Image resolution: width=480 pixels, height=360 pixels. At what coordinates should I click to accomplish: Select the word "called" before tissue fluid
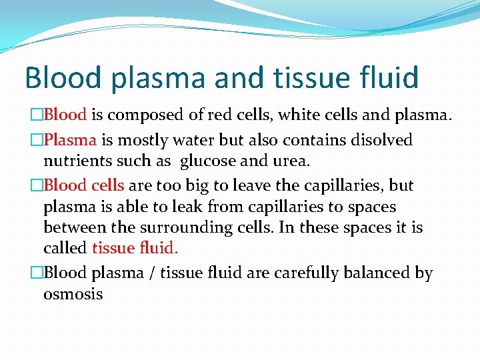pyautogui.click(x=65, y=248)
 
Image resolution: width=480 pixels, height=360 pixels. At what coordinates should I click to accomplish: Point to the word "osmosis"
pyautogui.click(x=73, y=294)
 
